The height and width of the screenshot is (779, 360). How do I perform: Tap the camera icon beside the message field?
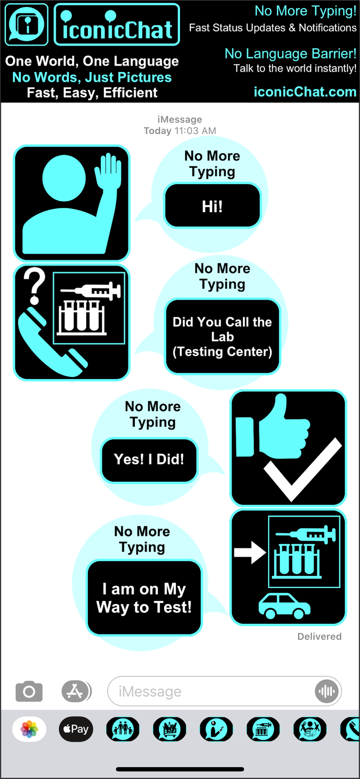(x=29, y=691)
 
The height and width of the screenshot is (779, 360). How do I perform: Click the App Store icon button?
(x=76, y=691)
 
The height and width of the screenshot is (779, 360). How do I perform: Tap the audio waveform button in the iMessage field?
(x=326, y=691)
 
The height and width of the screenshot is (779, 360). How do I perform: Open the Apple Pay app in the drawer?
(x=76, y=729)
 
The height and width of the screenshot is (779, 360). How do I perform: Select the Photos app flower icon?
(x=29, y=729)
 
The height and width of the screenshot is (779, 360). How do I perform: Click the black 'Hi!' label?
(x=212, y=206)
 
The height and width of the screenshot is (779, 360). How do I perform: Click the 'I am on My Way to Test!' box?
(x=144, y=598)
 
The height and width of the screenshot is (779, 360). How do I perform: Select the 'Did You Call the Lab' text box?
(x=222, y=337)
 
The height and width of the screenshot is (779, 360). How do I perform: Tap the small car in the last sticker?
(x=284, y=606)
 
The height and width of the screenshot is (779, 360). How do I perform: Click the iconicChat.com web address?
(x=305, y=92)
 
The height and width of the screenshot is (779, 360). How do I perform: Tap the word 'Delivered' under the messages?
(x=319, y=636)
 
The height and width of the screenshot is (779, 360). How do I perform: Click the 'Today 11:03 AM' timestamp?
(x=180, y=131)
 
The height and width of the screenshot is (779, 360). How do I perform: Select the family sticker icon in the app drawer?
(x=123, y=729)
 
